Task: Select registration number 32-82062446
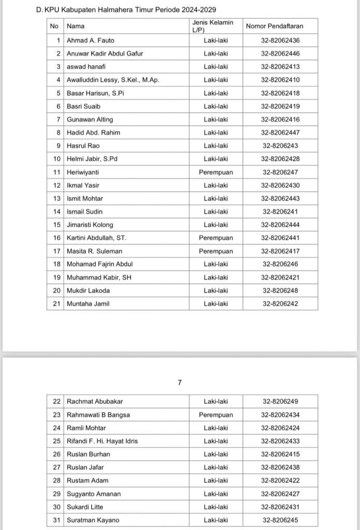[280, 53]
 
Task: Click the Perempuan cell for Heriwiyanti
[216, 172]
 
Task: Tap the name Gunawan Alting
[90, 120]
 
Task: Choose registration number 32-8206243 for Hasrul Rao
[280, 146]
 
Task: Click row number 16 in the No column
[57, 238]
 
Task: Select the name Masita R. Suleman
[95, 251]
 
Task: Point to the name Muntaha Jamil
[88, 304]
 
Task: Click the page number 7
[180, 382]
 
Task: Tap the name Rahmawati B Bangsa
[98, 415]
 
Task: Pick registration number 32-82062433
[280, 441]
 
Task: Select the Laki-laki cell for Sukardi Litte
[216, 507]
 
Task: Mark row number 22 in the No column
[57, 401]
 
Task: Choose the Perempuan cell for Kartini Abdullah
[216, 238]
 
